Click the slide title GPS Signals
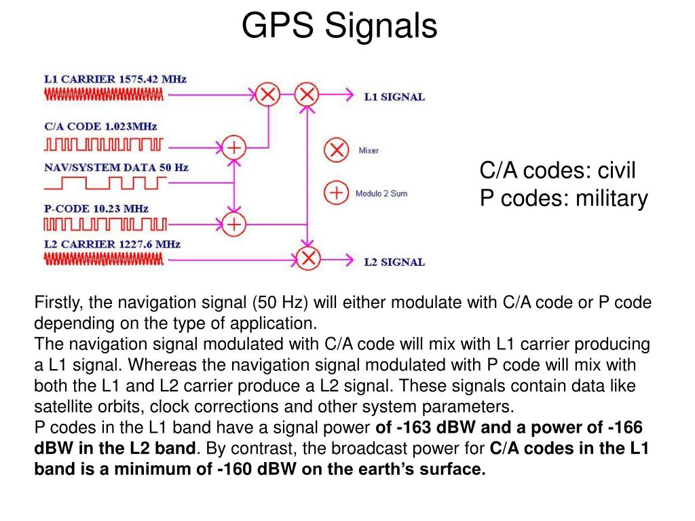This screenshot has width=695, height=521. (x=339, y=26)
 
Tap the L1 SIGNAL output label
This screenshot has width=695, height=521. (x=394, y=97)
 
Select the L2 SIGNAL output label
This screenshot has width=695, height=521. (x=394, y=263)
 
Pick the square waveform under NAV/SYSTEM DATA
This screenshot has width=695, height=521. (x=105, y=182)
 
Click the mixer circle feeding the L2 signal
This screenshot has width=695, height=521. (x=309, y=258)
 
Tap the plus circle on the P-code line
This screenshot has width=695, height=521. (x=234, y=223)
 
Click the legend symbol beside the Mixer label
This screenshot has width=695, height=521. (x=335, y=151)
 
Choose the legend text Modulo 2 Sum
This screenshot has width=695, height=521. (x=381, y=194)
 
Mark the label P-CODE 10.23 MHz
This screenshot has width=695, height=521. (x=96, y=209)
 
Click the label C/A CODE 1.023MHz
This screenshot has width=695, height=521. (x=100, y=126)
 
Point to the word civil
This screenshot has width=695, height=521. (x=616, y=171)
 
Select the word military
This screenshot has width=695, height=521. (x=612, y=199)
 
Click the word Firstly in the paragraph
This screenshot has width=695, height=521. (x=58, y=303)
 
